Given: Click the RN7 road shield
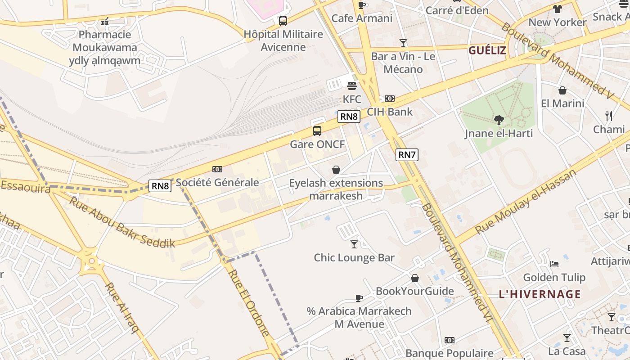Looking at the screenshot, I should click(407, 155).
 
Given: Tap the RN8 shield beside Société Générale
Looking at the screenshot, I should click(160, 185).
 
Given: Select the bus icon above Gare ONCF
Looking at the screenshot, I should click(317, 131).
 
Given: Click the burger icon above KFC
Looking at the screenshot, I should click(352, 85).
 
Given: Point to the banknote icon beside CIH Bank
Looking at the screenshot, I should click(390, 98).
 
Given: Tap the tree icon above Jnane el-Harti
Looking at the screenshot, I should click(499, 120).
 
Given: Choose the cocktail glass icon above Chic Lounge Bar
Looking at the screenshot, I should click(354, 244).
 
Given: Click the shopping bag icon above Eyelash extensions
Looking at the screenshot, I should click(336, 170).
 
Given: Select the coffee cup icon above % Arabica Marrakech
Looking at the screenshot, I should click(359, 297).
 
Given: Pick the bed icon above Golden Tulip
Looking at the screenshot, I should click(554, 264).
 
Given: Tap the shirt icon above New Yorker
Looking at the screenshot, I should click(558, 9).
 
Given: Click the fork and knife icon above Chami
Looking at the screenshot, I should click(609, 116).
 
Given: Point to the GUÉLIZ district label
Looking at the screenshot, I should click(487, 50).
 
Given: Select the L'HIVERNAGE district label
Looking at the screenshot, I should click(540, 294).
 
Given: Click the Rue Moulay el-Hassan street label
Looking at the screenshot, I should click(526, 202).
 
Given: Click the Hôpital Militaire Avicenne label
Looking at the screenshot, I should click(283, 40).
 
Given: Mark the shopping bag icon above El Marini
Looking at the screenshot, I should click(562, 90).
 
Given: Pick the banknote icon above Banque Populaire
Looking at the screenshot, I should click(449, 340).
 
